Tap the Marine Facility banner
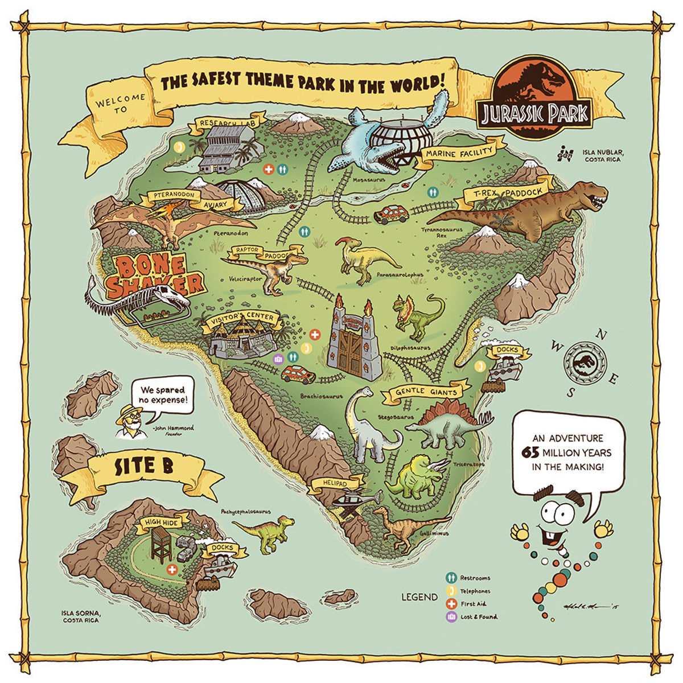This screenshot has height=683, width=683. (459, 153)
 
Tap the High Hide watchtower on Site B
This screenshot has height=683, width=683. (161, 544)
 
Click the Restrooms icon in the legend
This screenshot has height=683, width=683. (451, 578)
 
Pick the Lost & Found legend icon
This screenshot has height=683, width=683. (451, 617)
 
